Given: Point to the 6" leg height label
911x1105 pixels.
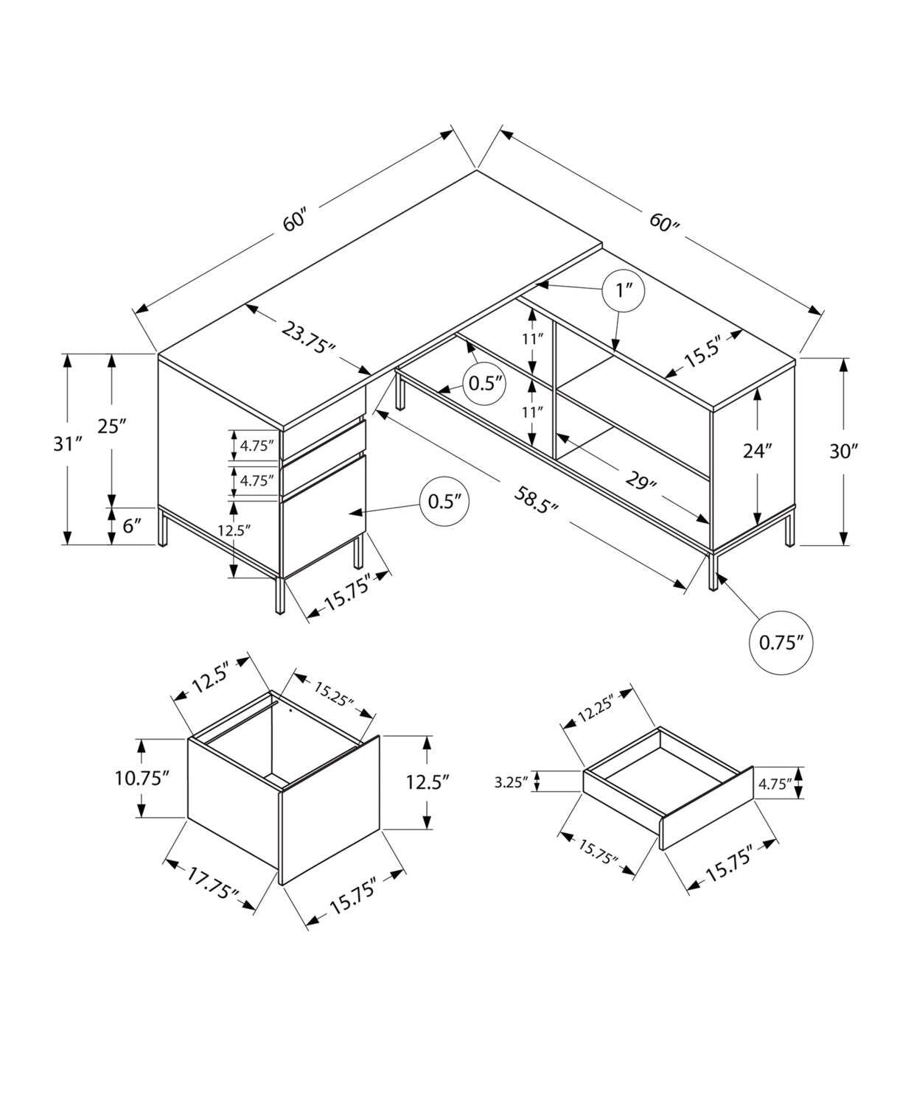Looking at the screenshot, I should [x=132, y=526].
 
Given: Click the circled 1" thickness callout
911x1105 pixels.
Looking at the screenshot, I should [x=624, y=291].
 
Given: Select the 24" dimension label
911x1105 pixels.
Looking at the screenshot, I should [x=757, y=451].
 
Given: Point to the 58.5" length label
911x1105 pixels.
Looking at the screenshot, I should [x=536, y=501].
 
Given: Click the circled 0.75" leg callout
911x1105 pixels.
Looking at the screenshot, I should [x=781, y=642].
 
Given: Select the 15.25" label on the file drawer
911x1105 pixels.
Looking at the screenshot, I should [x=335, y=693].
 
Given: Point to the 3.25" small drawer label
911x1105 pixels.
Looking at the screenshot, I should [x=511, y=782].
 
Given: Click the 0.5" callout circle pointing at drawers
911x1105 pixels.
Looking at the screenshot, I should [x=445, y=502].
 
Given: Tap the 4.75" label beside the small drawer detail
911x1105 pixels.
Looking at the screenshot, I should [x=774, y=783].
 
